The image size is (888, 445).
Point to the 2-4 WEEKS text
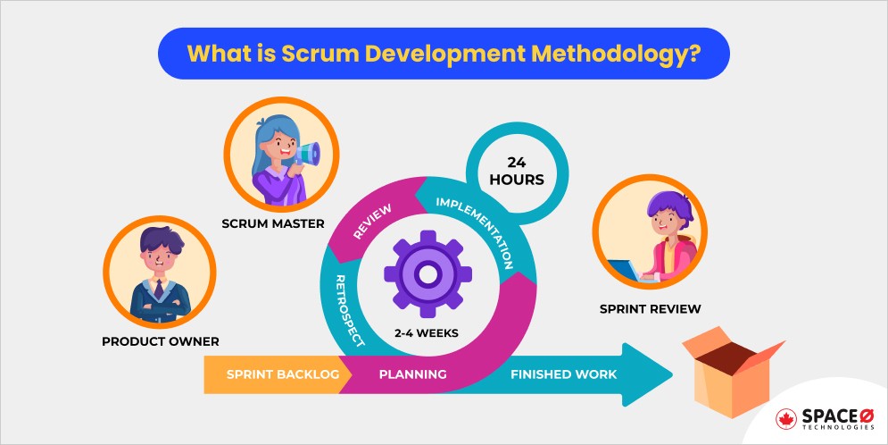coord(427,332)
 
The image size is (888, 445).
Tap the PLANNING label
coord(412,374)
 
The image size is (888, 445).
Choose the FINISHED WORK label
coord(563,374)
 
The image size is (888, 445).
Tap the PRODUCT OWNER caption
coord(161,341)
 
